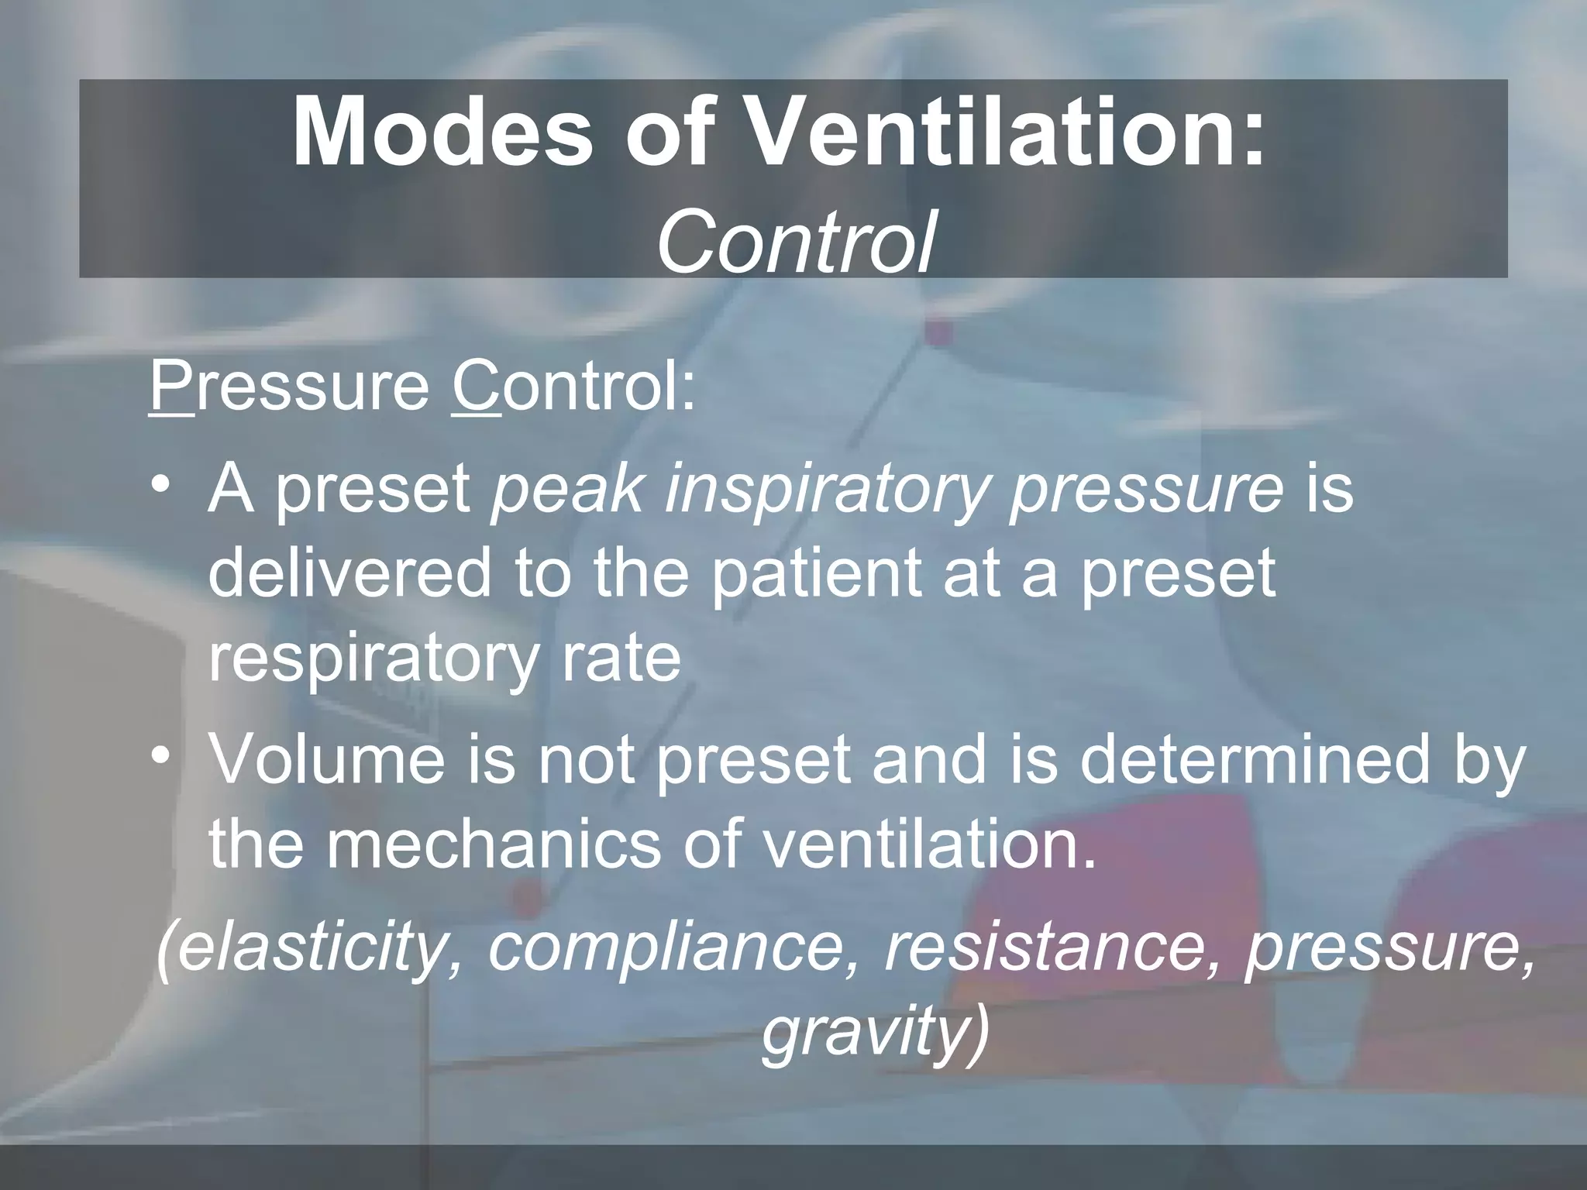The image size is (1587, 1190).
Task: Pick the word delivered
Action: click(x=349, y=573)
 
